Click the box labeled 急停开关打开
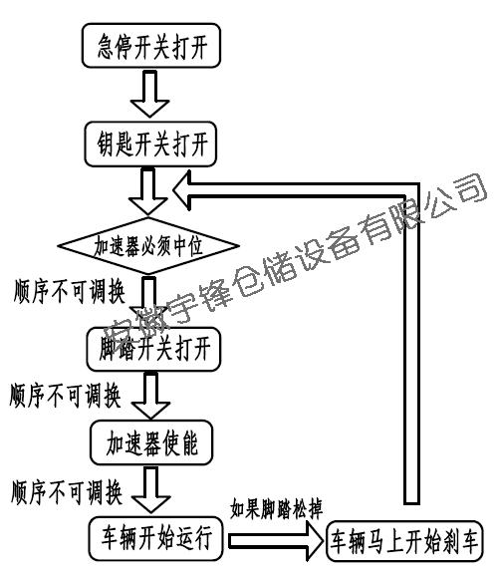(x=151, y=45)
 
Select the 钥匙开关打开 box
(x=150, y=144)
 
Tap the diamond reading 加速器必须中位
(x=148, y=246)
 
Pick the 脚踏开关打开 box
(x=153, y=349)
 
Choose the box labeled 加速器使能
(x=151, y=442)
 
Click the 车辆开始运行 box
(x=155, y=538)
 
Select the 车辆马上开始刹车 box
(x=404, y=541)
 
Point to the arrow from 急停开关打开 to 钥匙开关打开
(x=149, y=94)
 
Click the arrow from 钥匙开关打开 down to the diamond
(x=148, y=191)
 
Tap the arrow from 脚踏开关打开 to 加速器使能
(x=150, y=396)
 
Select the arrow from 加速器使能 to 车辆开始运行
(x=151, y=489)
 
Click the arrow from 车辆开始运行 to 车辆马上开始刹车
(x=276, y=541)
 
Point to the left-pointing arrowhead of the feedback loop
(x=182, y=191)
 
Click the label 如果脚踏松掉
(x=276, y=509)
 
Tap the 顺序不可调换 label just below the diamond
(x=70, y=291)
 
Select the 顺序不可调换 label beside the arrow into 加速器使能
(x=65, y=396)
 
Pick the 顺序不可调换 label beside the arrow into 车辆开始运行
(x=67, y=492)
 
